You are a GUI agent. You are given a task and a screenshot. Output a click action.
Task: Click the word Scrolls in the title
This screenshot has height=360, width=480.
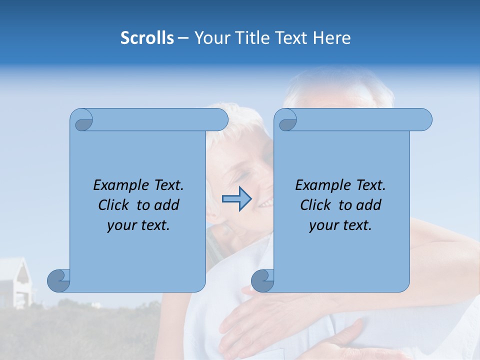coord(147,37)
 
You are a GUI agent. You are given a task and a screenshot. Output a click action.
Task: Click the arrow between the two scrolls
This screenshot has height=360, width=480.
coord(236,199)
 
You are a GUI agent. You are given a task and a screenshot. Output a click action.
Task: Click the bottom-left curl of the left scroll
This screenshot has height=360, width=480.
coord(59,280)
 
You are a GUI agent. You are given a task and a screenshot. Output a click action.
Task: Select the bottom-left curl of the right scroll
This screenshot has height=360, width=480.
coord(263,280)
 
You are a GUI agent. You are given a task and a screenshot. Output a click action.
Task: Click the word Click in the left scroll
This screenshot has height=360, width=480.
coord(114,205)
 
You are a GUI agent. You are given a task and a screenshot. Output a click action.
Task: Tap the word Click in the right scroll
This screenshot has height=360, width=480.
coord(316,205)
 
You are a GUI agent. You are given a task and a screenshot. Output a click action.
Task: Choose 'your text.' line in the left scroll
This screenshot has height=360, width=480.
coord(138,225)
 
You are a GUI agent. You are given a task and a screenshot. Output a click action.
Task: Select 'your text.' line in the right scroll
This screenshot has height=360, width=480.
coord(340,225)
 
